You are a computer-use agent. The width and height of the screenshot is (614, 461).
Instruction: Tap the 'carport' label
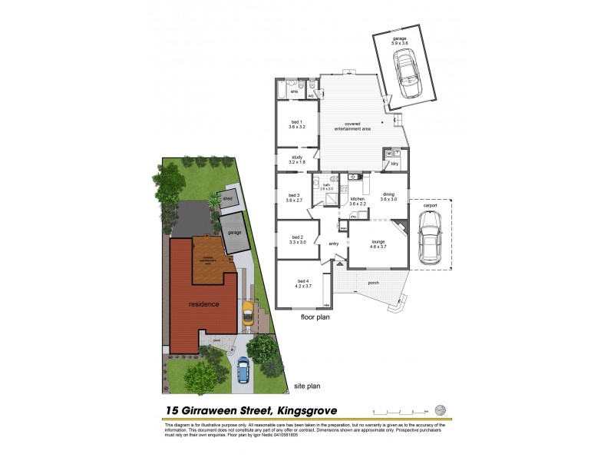click(429, 206)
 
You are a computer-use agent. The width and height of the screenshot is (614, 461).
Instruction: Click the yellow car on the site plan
click(248, 313)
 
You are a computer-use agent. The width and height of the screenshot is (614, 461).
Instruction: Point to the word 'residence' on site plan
click(203, 304)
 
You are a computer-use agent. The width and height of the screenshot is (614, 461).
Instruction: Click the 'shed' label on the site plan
click(228, 198)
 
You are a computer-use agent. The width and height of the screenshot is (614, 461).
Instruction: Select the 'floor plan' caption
click(315, 317)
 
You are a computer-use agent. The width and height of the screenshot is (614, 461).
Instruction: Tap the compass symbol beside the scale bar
click(440, 409)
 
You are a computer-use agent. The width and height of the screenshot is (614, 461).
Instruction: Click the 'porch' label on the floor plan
click(373, 283)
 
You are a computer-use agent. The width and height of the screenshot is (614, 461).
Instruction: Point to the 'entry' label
click(334, 244)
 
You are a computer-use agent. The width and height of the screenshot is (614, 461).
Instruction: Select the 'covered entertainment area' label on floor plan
click(353, 127)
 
